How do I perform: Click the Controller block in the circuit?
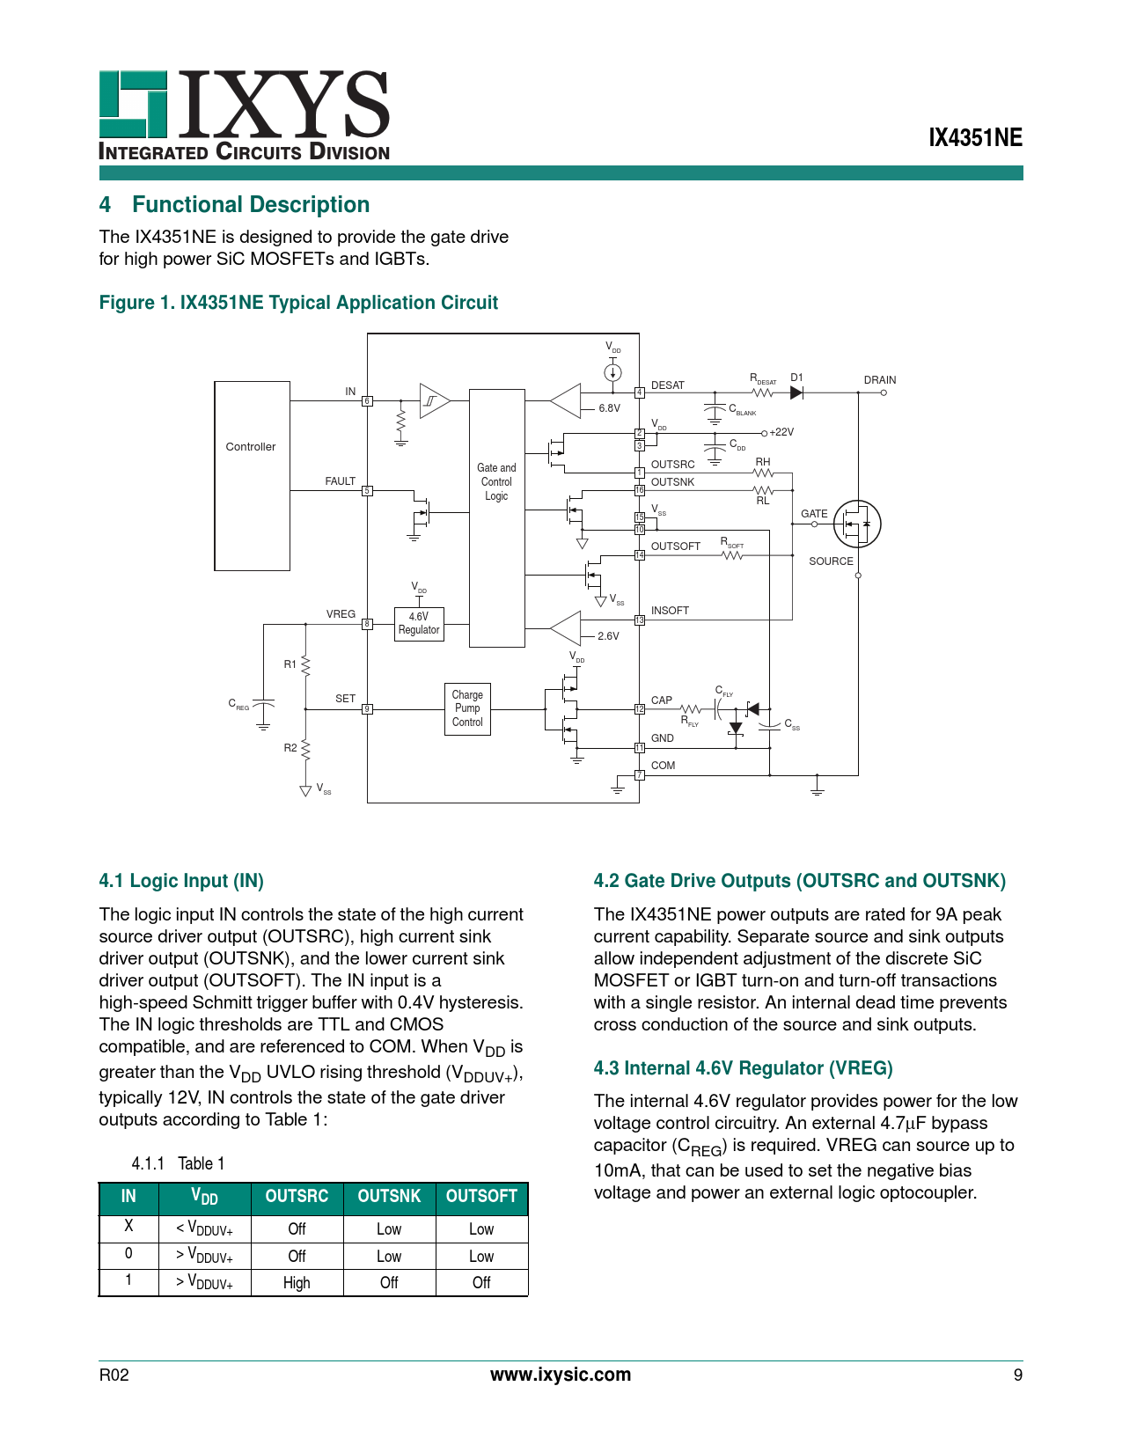252,475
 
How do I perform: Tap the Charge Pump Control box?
467,708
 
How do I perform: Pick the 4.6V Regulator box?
419,624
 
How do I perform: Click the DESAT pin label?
668,385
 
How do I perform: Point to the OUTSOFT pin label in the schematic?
675,546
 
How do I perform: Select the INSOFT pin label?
670,611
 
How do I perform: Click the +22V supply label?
781,432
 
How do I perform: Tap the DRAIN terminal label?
879,380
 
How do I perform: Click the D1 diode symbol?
796,392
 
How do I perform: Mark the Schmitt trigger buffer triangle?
433,401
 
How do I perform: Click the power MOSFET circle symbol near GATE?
856,524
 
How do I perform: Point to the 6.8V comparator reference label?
609,408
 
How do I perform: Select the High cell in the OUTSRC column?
297,1283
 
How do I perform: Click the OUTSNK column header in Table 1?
389,1197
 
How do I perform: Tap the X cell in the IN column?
128,1226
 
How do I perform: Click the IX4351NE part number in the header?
976,138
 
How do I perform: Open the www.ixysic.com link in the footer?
561,1375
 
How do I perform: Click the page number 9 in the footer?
1018,1375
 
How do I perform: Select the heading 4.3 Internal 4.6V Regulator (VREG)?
743,1068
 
